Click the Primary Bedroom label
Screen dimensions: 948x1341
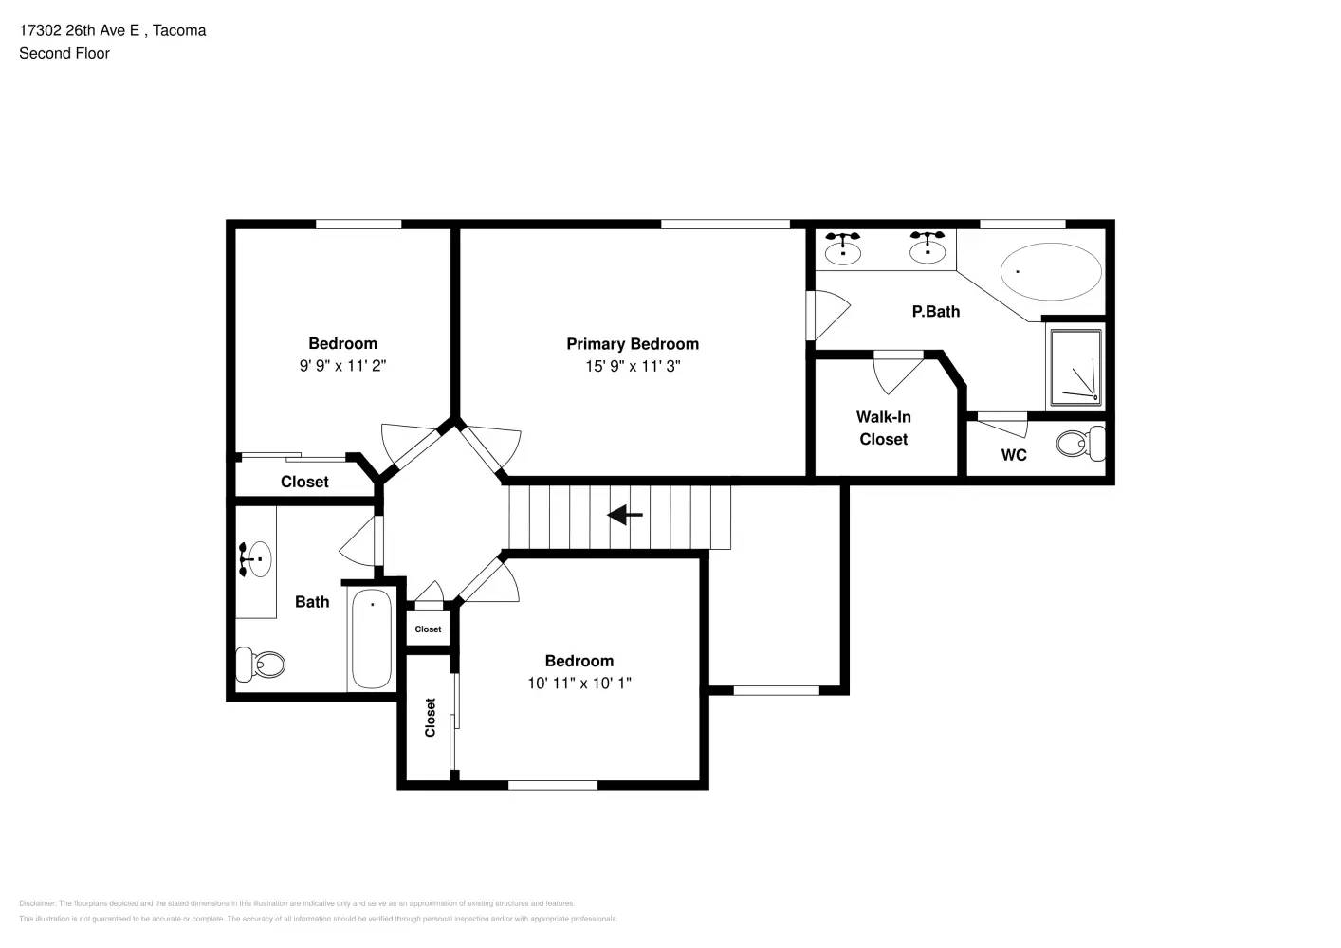coord(633,344)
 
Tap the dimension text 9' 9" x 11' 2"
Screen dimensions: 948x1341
coord(342,366)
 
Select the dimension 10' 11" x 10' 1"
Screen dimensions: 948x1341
coord(579,683)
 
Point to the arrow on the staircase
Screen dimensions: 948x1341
coord(625,516)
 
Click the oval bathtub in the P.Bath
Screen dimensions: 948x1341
coord(1051,272)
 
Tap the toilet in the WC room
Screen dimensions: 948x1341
coord(1079,443)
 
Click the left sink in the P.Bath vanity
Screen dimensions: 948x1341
coord(842,249)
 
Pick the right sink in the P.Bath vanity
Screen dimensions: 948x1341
coord(927,249)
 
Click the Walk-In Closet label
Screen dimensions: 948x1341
coord(883,428)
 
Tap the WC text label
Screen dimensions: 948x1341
coord(1014,455)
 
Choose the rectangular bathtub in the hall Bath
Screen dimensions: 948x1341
coord(372,638)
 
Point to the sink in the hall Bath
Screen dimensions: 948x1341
coord(256,559)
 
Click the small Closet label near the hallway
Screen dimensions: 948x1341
coord(428,629)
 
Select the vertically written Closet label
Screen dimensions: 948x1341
coord(430,718)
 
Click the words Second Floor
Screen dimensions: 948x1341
coord(64,54)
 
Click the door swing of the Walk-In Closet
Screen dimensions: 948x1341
coord(896,373)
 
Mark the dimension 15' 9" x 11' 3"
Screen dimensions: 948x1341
coord(633,367)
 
